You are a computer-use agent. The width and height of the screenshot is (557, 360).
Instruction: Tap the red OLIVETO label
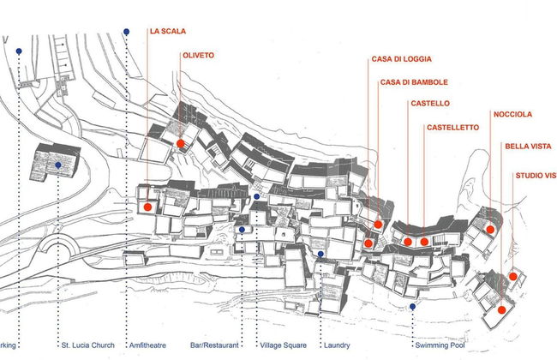(x=198, y=56)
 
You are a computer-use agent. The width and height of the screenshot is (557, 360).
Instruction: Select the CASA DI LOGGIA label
(x=401, y=59)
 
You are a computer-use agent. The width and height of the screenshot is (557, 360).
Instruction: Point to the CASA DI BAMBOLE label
(x=414, y=82)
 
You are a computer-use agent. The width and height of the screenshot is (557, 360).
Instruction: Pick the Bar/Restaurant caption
(x=214, y=345)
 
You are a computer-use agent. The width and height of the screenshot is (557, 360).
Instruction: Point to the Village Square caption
(x=283, y=345)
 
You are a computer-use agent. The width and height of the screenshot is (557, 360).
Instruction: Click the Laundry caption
(x=336, y=345)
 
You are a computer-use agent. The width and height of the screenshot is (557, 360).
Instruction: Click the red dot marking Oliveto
(x=181, y=143)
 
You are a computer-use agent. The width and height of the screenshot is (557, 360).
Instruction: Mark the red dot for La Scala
(x=147, y=207)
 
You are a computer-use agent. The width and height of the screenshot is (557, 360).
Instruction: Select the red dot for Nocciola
(x=490, y=230)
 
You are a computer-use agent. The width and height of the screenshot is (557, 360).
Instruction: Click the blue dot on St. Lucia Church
(x=57, y=165)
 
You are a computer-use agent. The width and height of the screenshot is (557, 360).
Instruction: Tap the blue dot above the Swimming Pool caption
(x=412, y=307)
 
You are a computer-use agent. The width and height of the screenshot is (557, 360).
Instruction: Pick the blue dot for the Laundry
(x=320, y=254)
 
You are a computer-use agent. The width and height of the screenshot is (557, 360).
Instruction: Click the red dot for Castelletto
(x=424, y=242)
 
